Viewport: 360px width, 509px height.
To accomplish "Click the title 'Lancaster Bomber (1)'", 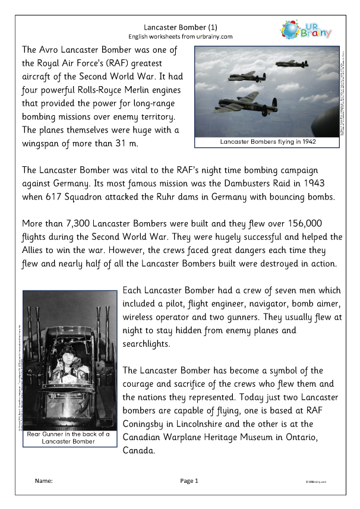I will [x=179, y=27].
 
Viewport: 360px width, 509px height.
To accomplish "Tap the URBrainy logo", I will [x=308, y=30].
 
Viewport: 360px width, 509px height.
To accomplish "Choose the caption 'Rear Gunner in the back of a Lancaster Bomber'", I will [x=68, y=438].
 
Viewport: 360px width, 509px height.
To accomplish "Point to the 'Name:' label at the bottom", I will [x=43, y=480].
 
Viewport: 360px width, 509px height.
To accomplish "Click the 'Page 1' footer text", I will [x=188, y=480].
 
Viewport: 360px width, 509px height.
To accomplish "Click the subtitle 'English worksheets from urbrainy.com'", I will [x=179, y=36].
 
